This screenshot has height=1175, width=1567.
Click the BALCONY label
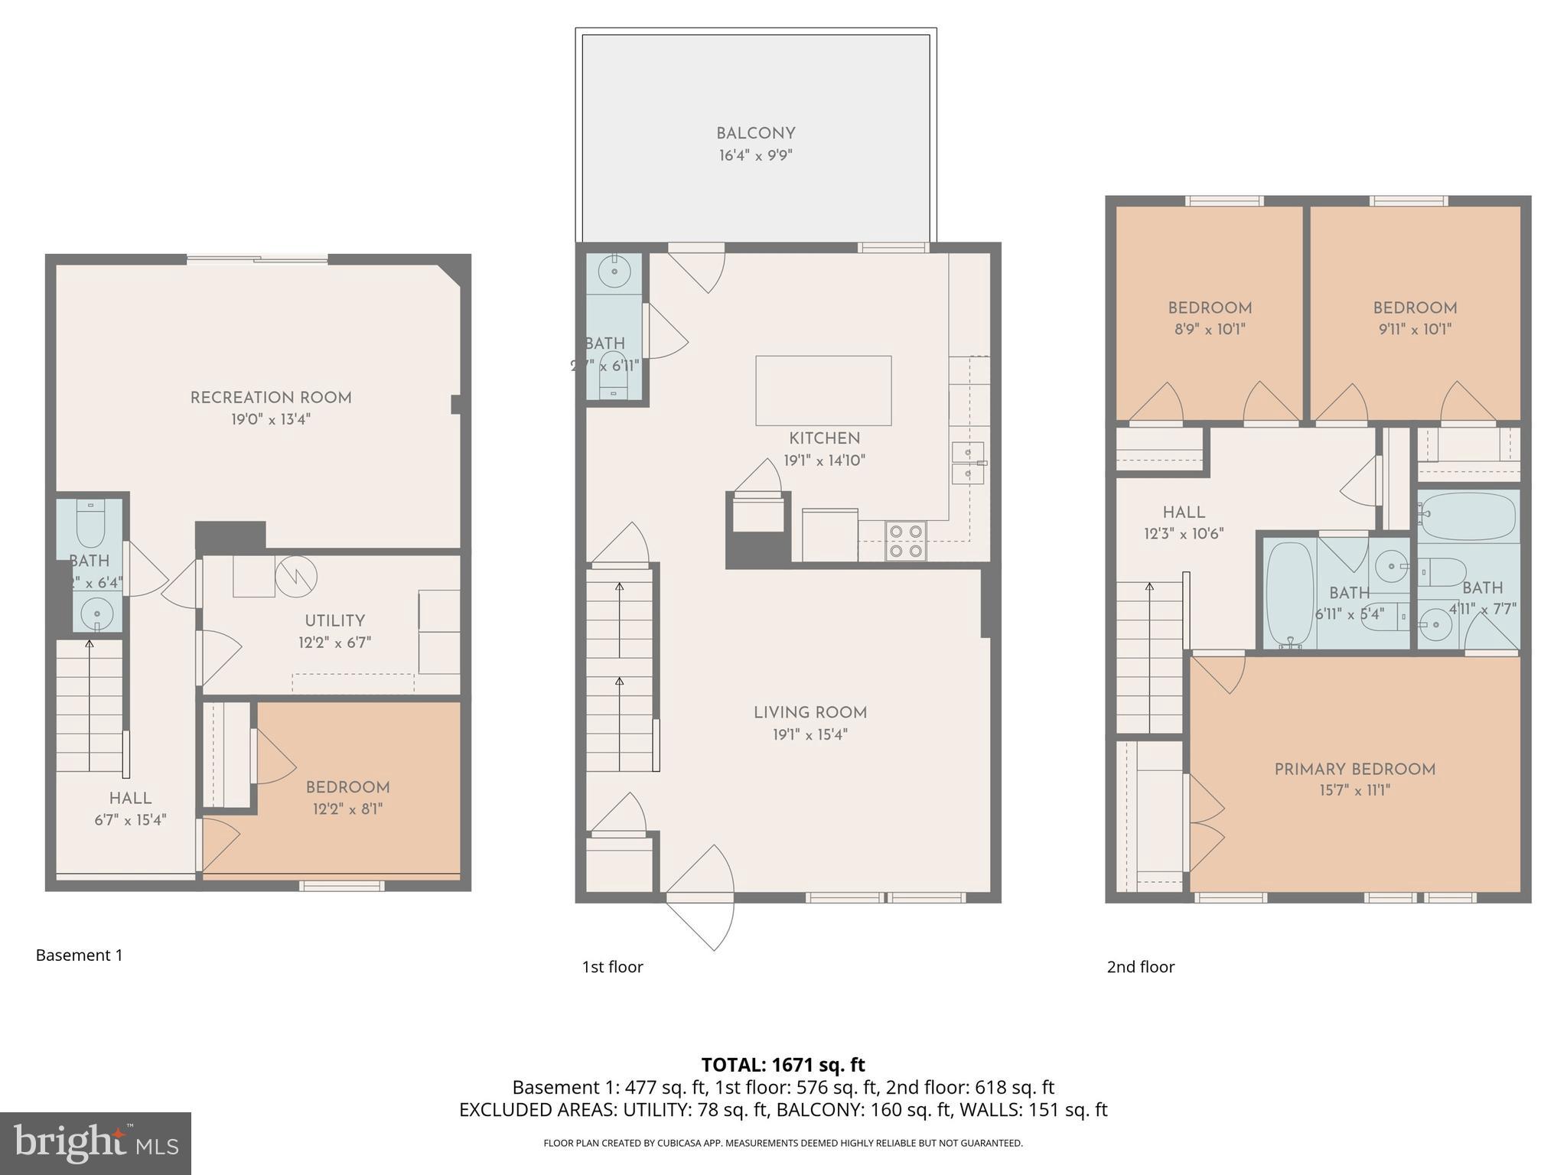click(755, 134)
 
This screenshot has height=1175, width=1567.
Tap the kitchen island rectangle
click(823, 390)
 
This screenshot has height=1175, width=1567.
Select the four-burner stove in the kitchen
click(905, 540)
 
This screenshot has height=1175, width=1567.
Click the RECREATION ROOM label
click(271, 398)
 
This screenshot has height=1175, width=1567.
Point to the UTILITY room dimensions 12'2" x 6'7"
click(334, 643)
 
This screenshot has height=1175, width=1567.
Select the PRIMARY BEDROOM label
click(1354, 770)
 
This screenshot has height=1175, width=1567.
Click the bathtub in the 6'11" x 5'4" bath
click(1289, 595)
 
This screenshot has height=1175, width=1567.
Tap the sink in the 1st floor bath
click(614, 269)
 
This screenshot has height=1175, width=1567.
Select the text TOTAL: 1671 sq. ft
click(783, 1065)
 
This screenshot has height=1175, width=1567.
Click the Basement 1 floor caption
click(79, 955)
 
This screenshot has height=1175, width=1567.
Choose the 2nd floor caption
click(1140, 967)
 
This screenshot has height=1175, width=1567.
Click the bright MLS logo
click(95, 1143)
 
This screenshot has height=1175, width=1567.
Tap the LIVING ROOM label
click(810, 713)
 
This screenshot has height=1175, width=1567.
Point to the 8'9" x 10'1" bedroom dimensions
click(1209, 330)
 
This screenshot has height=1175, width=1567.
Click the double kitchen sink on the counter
click(968, 464)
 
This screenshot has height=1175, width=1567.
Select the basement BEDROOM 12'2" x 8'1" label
click(347, 788)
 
